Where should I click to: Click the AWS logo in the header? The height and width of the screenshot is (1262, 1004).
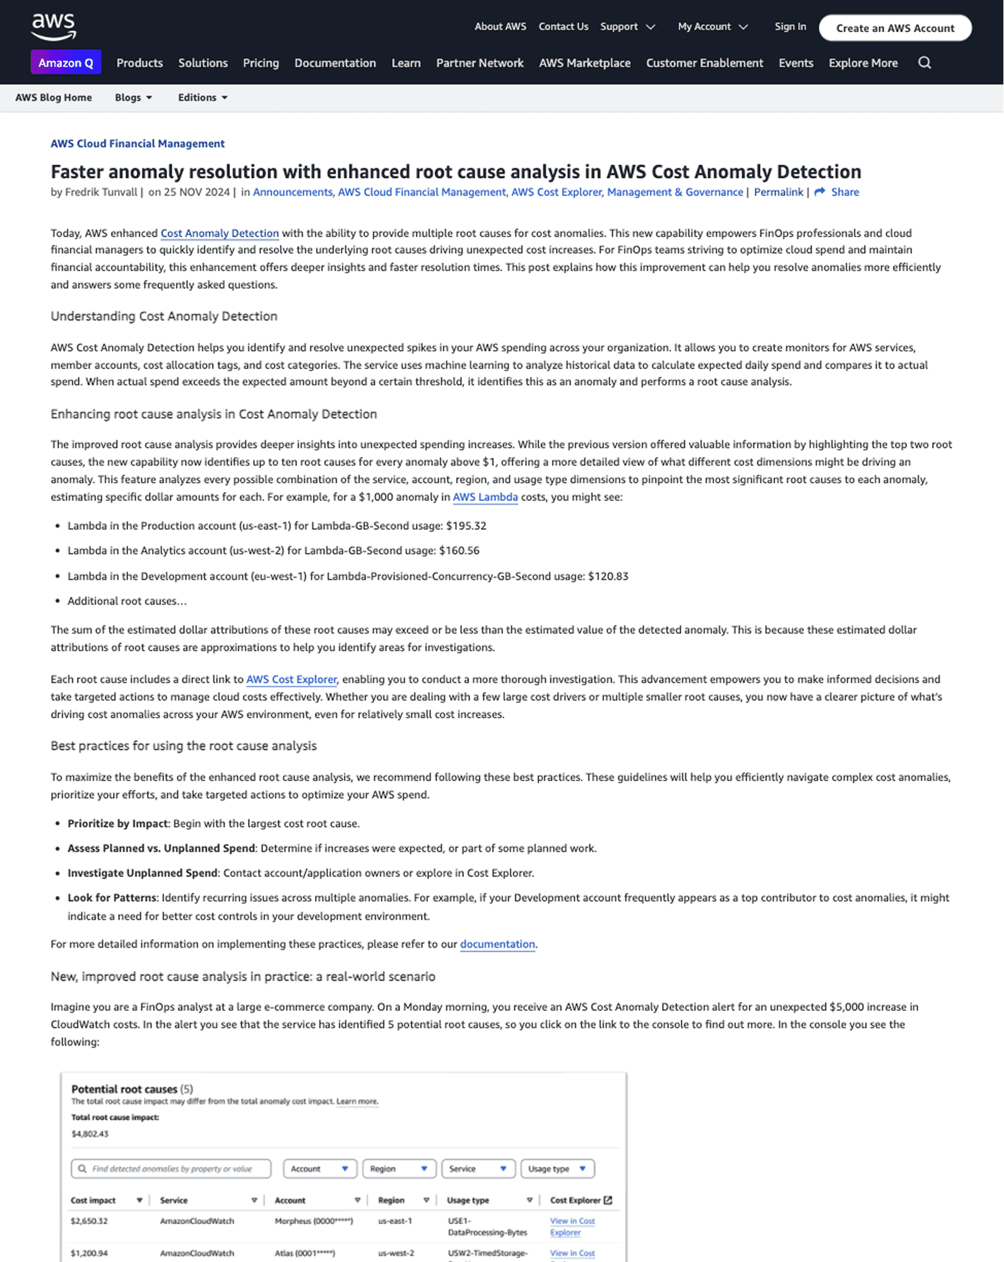[x=54, y=27]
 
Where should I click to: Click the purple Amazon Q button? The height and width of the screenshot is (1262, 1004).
[x=66, y=62]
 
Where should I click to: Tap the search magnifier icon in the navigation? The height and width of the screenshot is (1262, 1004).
[x=924, y=62]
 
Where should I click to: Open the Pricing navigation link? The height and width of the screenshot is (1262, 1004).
[x=261, y=63]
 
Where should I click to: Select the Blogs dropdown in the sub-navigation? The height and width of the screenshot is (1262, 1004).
[x=133, y=97]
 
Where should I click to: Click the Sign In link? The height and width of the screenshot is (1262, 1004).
[x=790, y=27]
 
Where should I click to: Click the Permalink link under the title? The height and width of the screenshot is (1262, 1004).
[x=778, y=192]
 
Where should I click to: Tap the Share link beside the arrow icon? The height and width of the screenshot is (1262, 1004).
[x=844, y=192]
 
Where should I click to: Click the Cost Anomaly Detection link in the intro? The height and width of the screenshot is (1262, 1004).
[x=220, y=233]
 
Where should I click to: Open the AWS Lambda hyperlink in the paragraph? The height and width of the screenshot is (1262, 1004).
[x=485, y=497]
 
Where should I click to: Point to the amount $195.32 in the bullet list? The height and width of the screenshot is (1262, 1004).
[x=466, y=526]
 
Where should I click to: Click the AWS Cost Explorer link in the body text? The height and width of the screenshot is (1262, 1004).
[x=291, y=679]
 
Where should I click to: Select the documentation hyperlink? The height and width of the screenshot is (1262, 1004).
[x=497, y=944]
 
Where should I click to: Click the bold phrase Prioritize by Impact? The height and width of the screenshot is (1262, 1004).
[x=118, y=823]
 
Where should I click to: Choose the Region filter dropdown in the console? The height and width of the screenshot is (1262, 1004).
[x=399, y=1169]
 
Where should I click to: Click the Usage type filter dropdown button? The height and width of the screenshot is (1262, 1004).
[x=557, y=1169]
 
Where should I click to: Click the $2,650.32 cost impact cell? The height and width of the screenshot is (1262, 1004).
[x=89, y=1221]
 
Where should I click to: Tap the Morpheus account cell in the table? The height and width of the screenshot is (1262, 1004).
[x=314, y=1221]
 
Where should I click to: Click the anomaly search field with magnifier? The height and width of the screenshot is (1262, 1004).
[x=171, y=1169]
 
